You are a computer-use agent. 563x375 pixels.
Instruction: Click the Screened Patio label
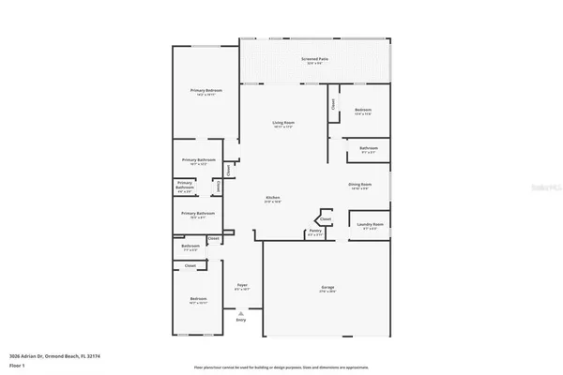pyautogui.click(x=314, y=59)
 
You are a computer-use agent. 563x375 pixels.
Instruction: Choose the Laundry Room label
pyautogui.click(x=370, y=225)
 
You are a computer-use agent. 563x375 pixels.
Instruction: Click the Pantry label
pyautogui.click(x=315, y=231)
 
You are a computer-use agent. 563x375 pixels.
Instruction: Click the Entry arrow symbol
pyautogui.click(x=241, y=313)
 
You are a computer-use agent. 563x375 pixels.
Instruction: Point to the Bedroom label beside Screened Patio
pyautogui.click(x=363, y=111)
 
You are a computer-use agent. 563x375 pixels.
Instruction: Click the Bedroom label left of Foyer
pyautogui.click(x=197, y=299)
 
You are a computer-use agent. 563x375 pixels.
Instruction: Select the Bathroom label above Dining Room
pyautogui.click(x=368, y=148)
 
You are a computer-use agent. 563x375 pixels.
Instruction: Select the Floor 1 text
pyautogui.click(x=16, y=365)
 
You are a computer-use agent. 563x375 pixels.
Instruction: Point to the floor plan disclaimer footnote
pyautogui.click(x=281, y=367)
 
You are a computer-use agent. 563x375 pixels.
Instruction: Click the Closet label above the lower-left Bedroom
pyautogui.click(x=190, y=266)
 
